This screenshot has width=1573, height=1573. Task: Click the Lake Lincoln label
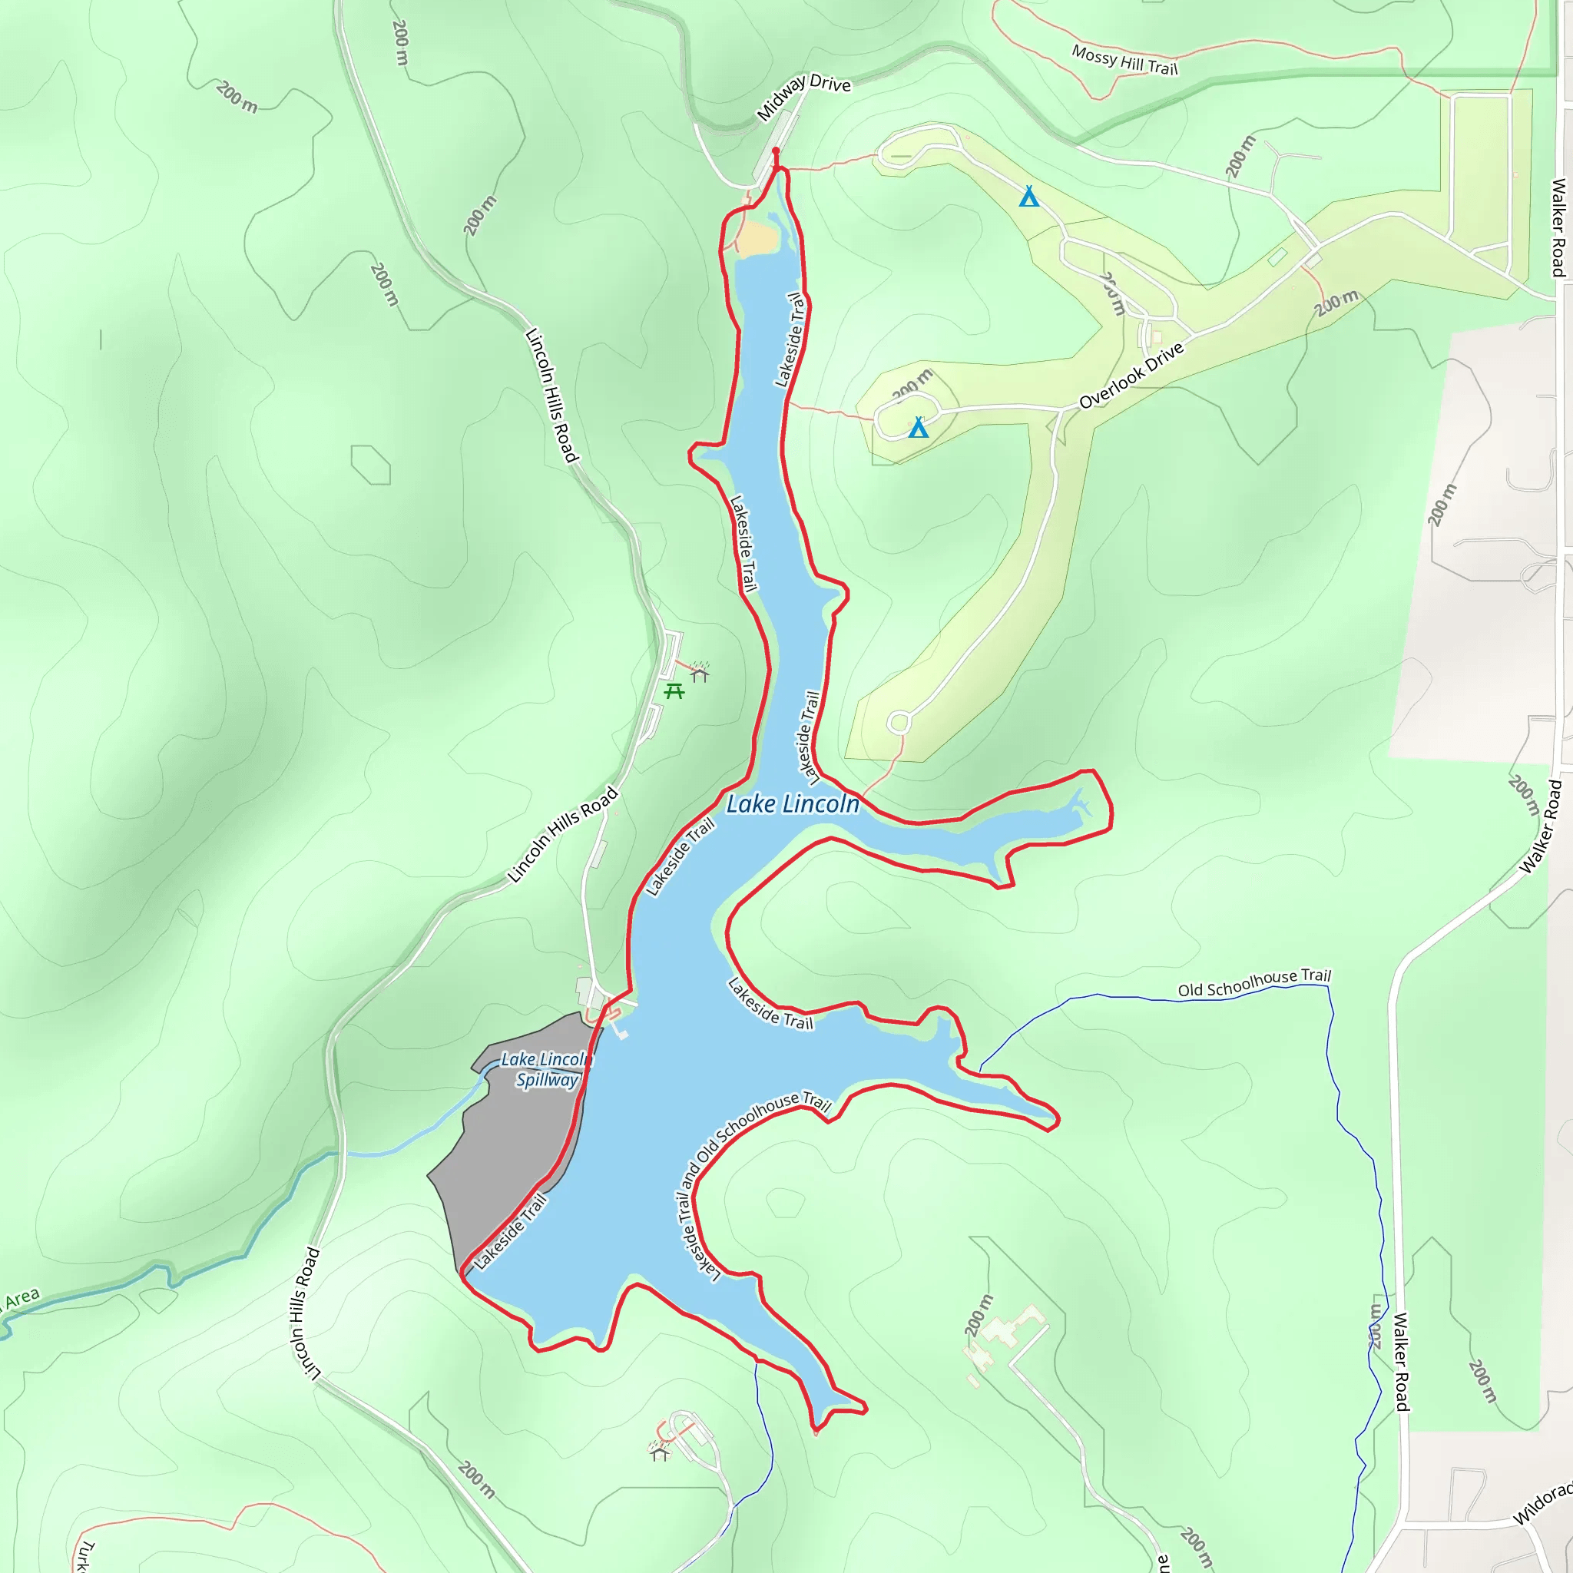click(792, 804)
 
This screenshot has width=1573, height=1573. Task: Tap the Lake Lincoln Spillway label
click(546, 1069)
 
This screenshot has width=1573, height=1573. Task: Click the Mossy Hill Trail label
click(1124, 60)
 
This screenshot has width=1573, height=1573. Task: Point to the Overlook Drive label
click(1131, 376)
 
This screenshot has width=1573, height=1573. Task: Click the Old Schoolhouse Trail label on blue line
click(1253, 982)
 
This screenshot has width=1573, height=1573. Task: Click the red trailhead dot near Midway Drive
click(775, 151)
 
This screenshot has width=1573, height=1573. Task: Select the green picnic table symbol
click(674, 691)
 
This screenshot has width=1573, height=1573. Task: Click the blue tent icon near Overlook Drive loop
click(919, 428)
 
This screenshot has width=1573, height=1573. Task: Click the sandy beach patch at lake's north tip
click(757, 240)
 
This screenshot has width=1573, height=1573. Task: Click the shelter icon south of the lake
click(660, 1453)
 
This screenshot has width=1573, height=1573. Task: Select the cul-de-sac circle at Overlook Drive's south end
click(899, 721)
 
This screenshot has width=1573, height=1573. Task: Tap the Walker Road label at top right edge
click(1558, 228)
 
